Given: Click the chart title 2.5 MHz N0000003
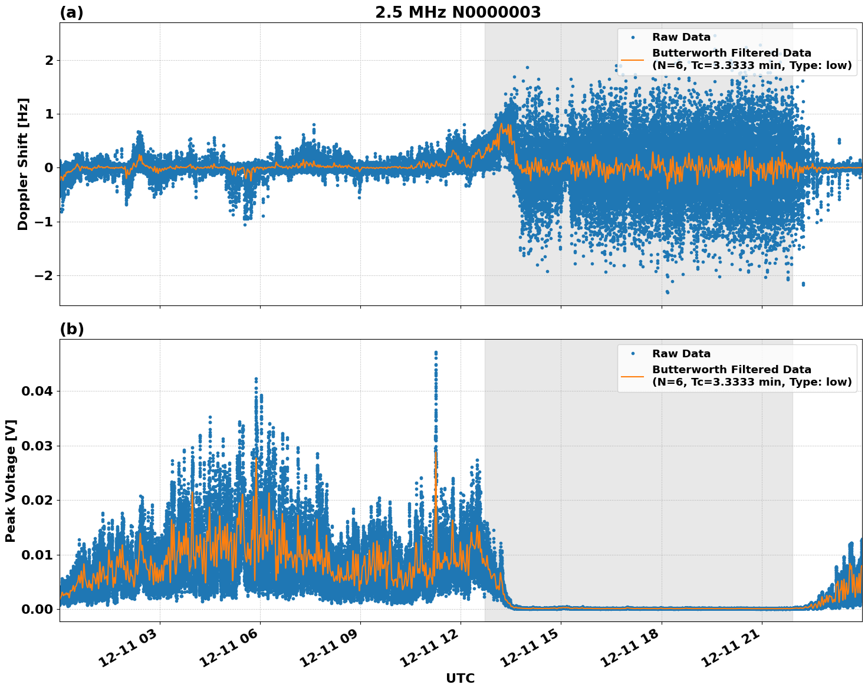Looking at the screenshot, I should tap(458, 12).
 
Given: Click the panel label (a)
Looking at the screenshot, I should tap(71, 12).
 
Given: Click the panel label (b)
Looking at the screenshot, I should tap(71, 329).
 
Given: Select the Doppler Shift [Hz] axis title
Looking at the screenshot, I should tap(23, 164).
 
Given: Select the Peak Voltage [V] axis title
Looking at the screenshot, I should tap(11, 481).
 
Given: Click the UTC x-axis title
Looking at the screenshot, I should tap(460, 678).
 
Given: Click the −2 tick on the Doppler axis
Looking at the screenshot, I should tap(42, 276).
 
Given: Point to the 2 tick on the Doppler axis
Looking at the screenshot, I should tap(48, 60).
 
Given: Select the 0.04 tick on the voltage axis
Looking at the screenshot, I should tap(37, 391).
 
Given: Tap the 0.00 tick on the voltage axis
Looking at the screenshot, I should tap(37, 609).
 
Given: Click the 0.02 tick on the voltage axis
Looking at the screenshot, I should tap(37, 500).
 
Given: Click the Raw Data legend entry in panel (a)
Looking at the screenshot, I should tap(681, 37).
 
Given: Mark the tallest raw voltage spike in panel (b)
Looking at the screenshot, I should tap(436, 353).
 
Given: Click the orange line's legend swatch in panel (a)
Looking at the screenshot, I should tap(633, 59).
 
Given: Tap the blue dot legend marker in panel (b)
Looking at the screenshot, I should tap(633, 354).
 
